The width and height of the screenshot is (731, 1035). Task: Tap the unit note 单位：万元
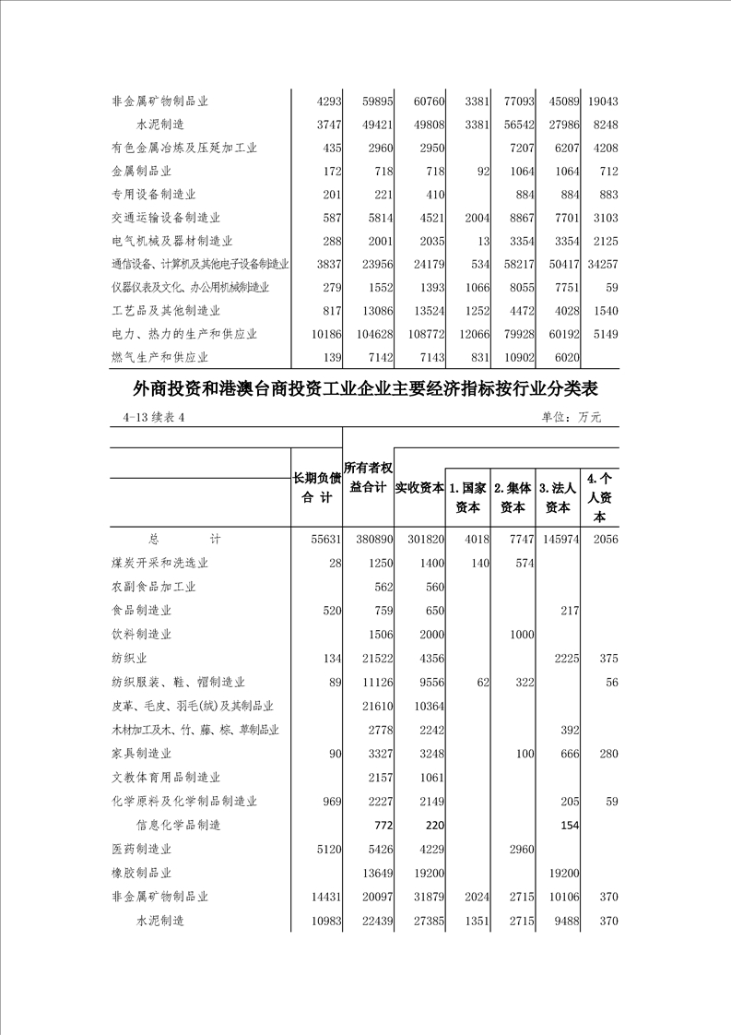click(572, 418)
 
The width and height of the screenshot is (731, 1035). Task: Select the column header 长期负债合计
click(316, 488)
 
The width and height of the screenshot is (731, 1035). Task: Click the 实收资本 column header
click(420, 488)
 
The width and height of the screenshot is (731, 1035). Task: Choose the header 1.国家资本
click(467, 496)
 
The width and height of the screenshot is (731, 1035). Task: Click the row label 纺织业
click(129, 659)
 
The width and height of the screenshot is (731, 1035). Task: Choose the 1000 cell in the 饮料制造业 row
click(519, 635)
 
